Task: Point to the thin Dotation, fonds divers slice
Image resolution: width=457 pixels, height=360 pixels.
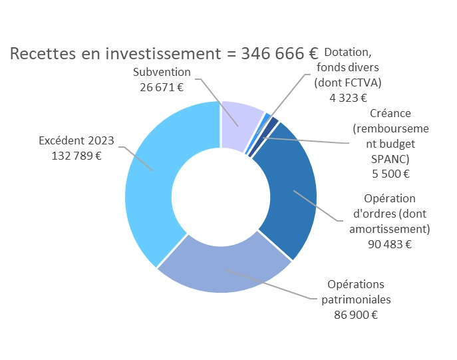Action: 267,118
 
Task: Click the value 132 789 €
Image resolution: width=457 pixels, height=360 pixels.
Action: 76,156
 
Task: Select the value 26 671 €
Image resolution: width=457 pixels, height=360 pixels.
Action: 162,87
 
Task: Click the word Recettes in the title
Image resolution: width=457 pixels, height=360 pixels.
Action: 41,53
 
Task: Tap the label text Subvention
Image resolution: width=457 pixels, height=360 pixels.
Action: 162,72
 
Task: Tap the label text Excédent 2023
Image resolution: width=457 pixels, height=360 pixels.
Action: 76,140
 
